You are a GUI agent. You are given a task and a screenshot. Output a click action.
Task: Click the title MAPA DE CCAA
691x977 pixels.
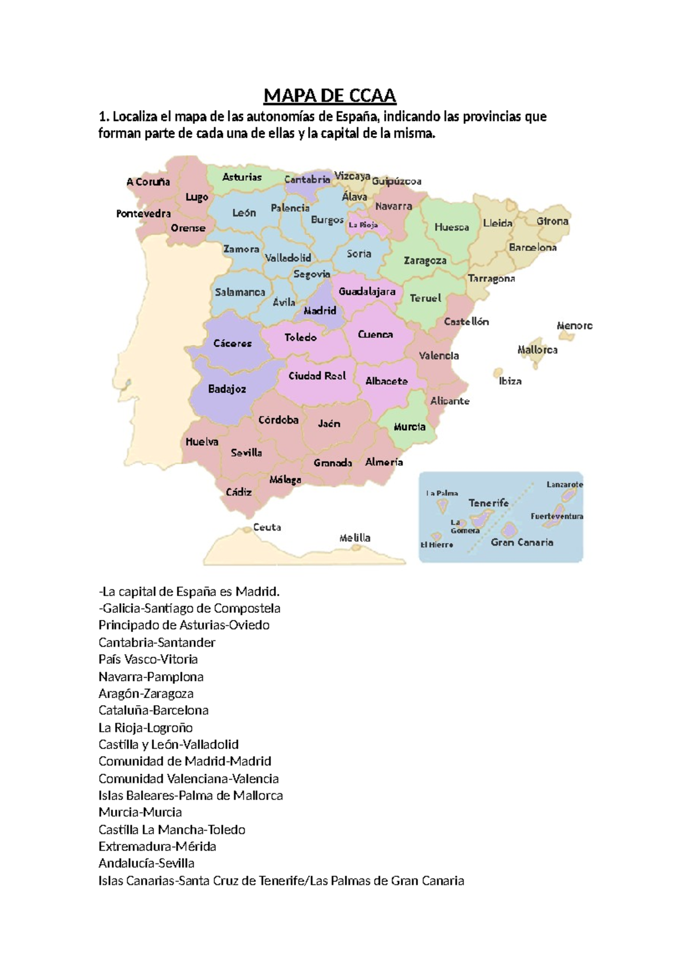(x=329, y=96)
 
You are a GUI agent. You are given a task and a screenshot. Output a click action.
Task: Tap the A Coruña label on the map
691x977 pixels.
(x=148, y=182)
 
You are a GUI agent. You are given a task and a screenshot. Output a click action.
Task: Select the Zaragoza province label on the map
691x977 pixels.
(x=425, y=260)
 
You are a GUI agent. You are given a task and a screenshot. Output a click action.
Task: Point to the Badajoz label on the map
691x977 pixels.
(x=227, y=389)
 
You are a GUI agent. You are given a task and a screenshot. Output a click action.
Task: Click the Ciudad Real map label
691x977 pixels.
(x=317, y=376)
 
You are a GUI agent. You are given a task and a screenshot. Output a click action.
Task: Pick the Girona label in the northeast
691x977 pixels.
(x=552, y=221)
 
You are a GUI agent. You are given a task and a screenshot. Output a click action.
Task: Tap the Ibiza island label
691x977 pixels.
(x=510, y=381)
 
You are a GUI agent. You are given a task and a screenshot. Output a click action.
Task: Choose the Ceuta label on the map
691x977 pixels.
(x=267, y=527)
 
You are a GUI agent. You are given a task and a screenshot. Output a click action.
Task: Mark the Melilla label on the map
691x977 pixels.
(x=355, y=538)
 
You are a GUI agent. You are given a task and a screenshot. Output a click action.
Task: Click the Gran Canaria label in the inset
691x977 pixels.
(x=522, y=543)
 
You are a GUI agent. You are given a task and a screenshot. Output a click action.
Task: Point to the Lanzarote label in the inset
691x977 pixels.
(x=564, y=484)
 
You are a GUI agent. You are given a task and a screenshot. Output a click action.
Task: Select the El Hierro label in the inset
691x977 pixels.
(x=436, y=545)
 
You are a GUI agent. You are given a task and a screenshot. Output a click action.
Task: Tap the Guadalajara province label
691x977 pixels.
(x=367, y=291)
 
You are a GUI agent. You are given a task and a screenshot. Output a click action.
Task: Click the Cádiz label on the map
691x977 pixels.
(x=238, y=493)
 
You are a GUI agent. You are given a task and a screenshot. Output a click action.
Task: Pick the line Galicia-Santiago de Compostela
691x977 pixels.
(x=189, y=608)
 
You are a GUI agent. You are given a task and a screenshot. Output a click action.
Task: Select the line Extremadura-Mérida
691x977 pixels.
(x=157, y=847)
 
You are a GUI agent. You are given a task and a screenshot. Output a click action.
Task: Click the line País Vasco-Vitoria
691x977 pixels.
(x=148, y=660)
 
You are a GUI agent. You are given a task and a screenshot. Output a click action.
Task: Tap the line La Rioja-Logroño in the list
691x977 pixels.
(x=146, y=728)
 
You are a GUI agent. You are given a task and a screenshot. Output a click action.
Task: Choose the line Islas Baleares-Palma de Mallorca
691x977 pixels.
(x=191, y=796)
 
